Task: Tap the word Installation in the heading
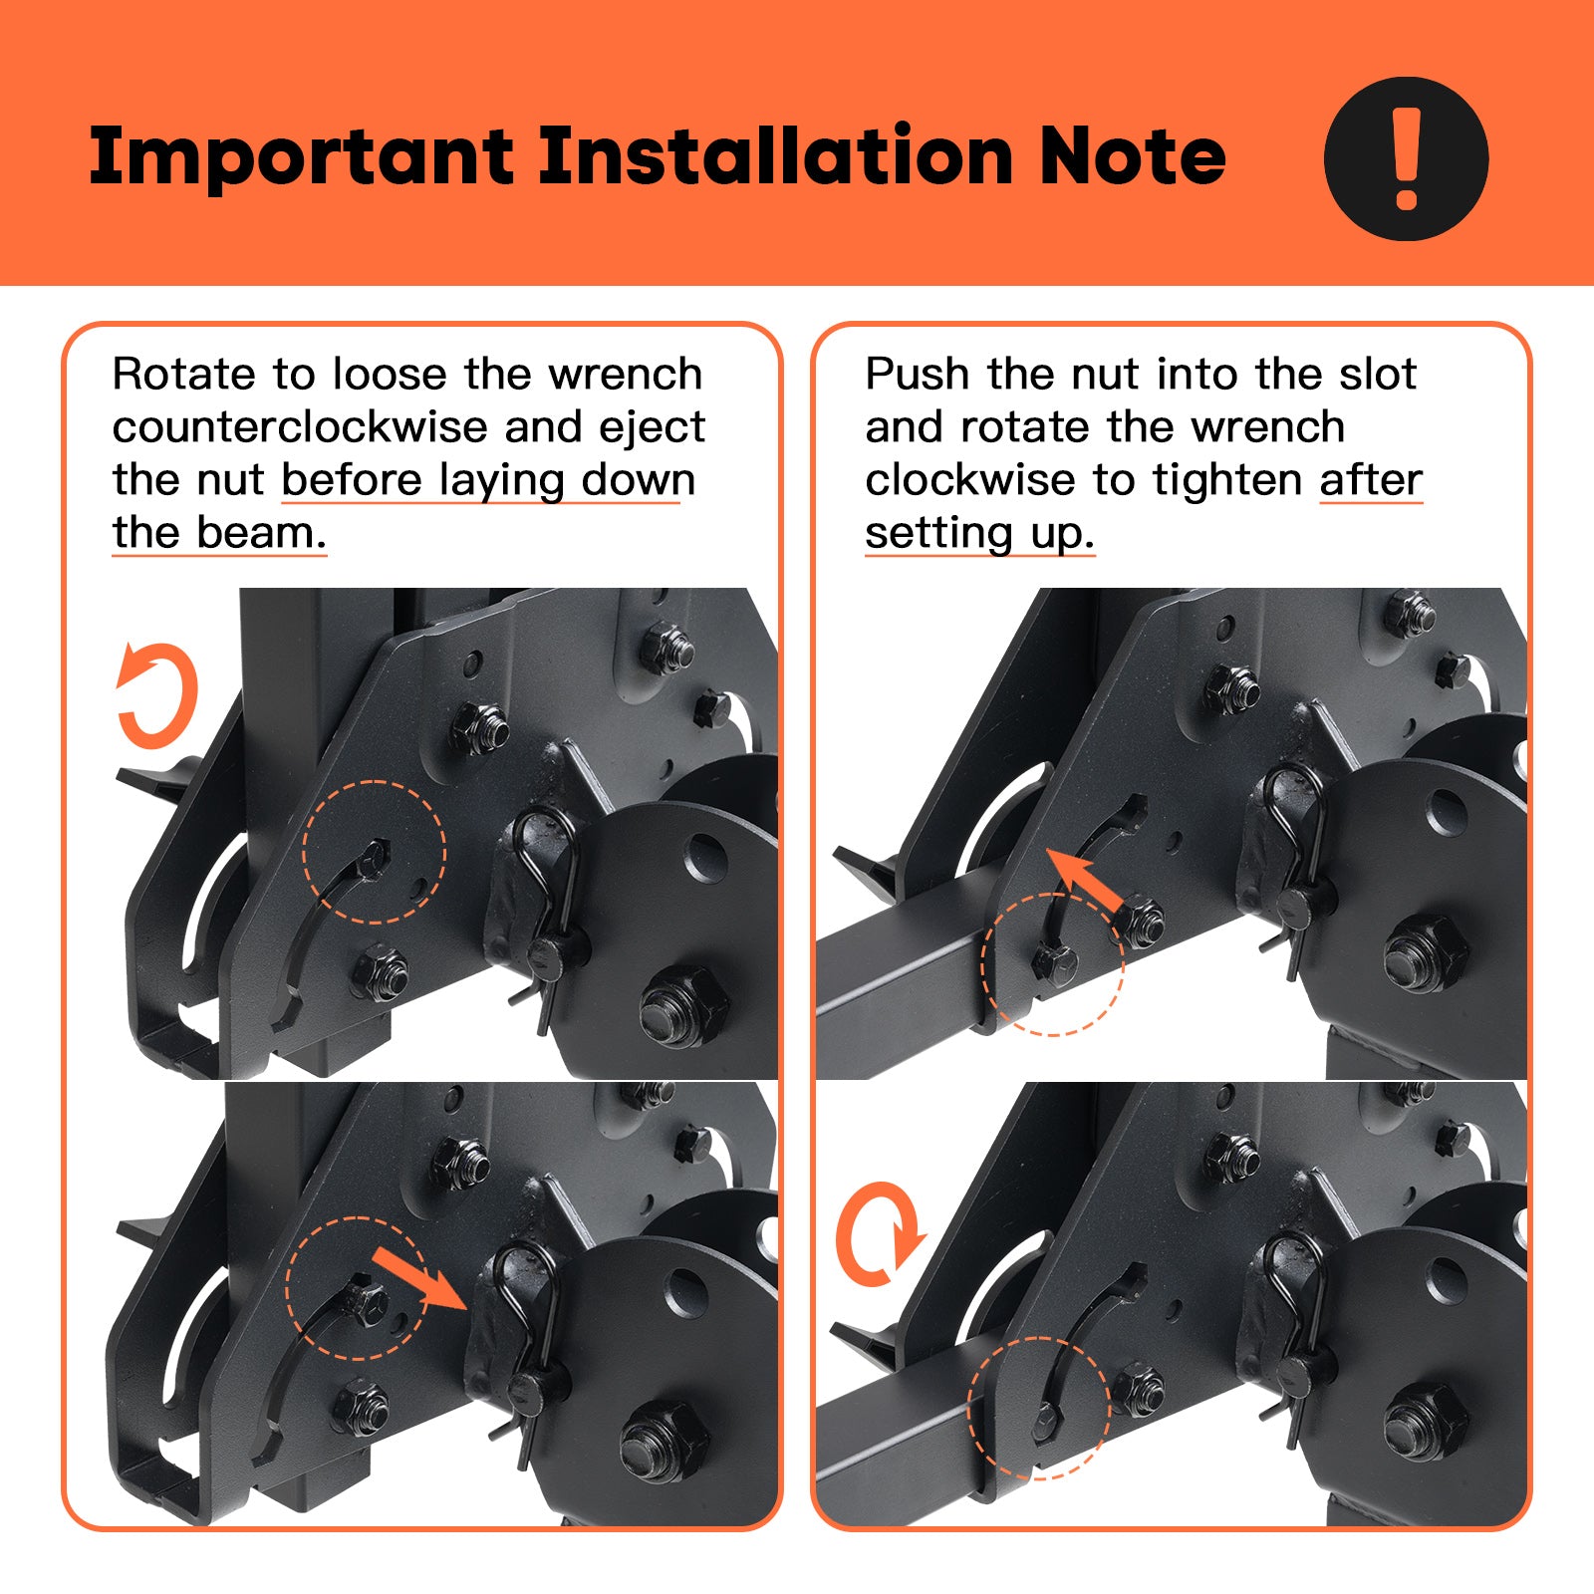point(776,155)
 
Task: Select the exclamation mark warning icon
point(1406,158)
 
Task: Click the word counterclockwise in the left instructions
point(300,427)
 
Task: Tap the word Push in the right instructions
point(918,375)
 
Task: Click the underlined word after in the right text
point(1371,480)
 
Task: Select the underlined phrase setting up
point(979,534)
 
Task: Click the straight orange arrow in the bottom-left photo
point(418,1280)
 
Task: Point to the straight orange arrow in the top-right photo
point(1087,882)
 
